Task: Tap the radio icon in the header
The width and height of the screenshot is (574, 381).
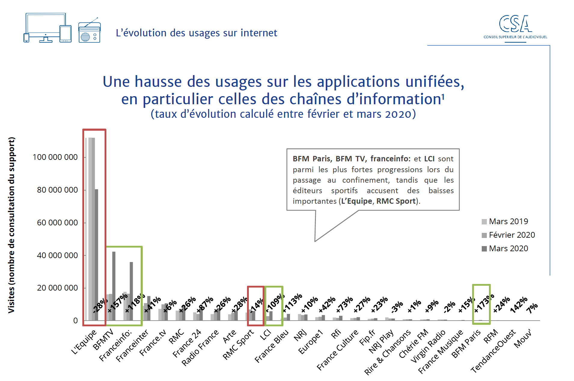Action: (x=89, y=32)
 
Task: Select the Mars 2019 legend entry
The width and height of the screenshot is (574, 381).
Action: (x=505, y=221)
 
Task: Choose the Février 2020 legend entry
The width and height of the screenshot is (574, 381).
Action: (x=508, y=235)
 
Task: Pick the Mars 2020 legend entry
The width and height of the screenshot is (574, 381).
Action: (x=505, y=248)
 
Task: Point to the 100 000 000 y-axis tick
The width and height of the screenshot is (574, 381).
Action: (x=55, y=157)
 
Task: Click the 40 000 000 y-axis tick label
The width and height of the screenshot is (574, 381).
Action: (x=57, y=255)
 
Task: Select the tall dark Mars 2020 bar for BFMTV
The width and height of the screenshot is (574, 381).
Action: (x=114, y=285)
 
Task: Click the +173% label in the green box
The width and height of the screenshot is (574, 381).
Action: (x=484, y=303)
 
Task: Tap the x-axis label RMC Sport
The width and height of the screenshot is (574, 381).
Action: (x=238, y=345)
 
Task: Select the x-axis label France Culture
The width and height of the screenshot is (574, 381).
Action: (x=338, y=349)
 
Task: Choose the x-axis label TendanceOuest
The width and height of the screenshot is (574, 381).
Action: (x=493, y=351)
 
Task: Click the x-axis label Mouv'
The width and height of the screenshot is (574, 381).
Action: (x=523, y=339)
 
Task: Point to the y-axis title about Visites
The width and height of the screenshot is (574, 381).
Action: (x=11, y=225)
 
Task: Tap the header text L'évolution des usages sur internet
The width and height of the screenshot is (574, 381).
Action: (x=197, y=33)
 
